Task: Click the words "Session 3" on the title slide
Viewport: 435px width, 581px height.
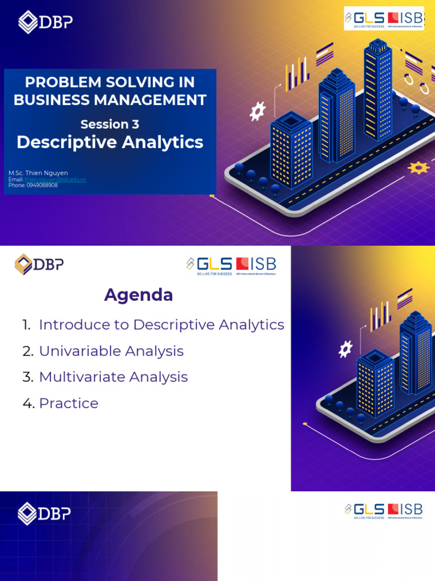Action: [x=109, y=124]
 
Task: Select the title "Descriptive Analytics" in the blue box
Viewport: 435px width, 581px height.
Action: [x=110, y=142]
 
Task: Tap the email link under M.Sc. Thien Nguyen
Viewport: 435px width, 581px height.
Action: [x=55, y=179]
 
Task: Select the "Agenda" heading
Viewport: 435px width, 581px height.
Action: [x=139, y=295]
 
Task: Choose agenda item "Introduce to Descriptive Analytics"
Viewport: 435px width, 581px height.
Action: [x=161, y=325]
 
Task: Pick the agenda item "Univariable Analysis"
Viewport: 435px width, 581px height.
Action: [x=111, y=351]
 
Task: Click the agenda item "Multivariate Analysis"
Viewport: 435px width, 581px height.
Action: [x=113, y=377]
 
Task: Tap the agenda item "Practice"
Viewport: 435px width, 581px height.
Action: [x=69, y=403]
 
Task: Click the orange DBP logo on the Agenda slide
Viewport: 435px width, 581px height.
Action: [x=39, y=264]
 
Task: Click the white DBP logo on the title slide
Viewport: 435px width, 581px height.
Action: [x=45, y=22]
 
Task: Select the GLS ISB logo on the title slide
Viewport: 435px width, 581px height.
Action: [x=383, y=19]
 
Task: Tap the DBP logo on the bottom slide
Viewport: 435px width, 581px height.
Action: [x=45, y=513]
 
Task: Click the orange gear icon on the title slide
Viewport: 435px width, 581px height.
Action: [x=419, y=167]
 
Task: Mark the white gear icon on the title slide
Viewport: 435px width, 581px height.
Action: [x=258, y=111]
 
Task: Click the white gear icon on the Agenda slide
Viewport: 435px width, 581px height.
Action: [x=345, y=349]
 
